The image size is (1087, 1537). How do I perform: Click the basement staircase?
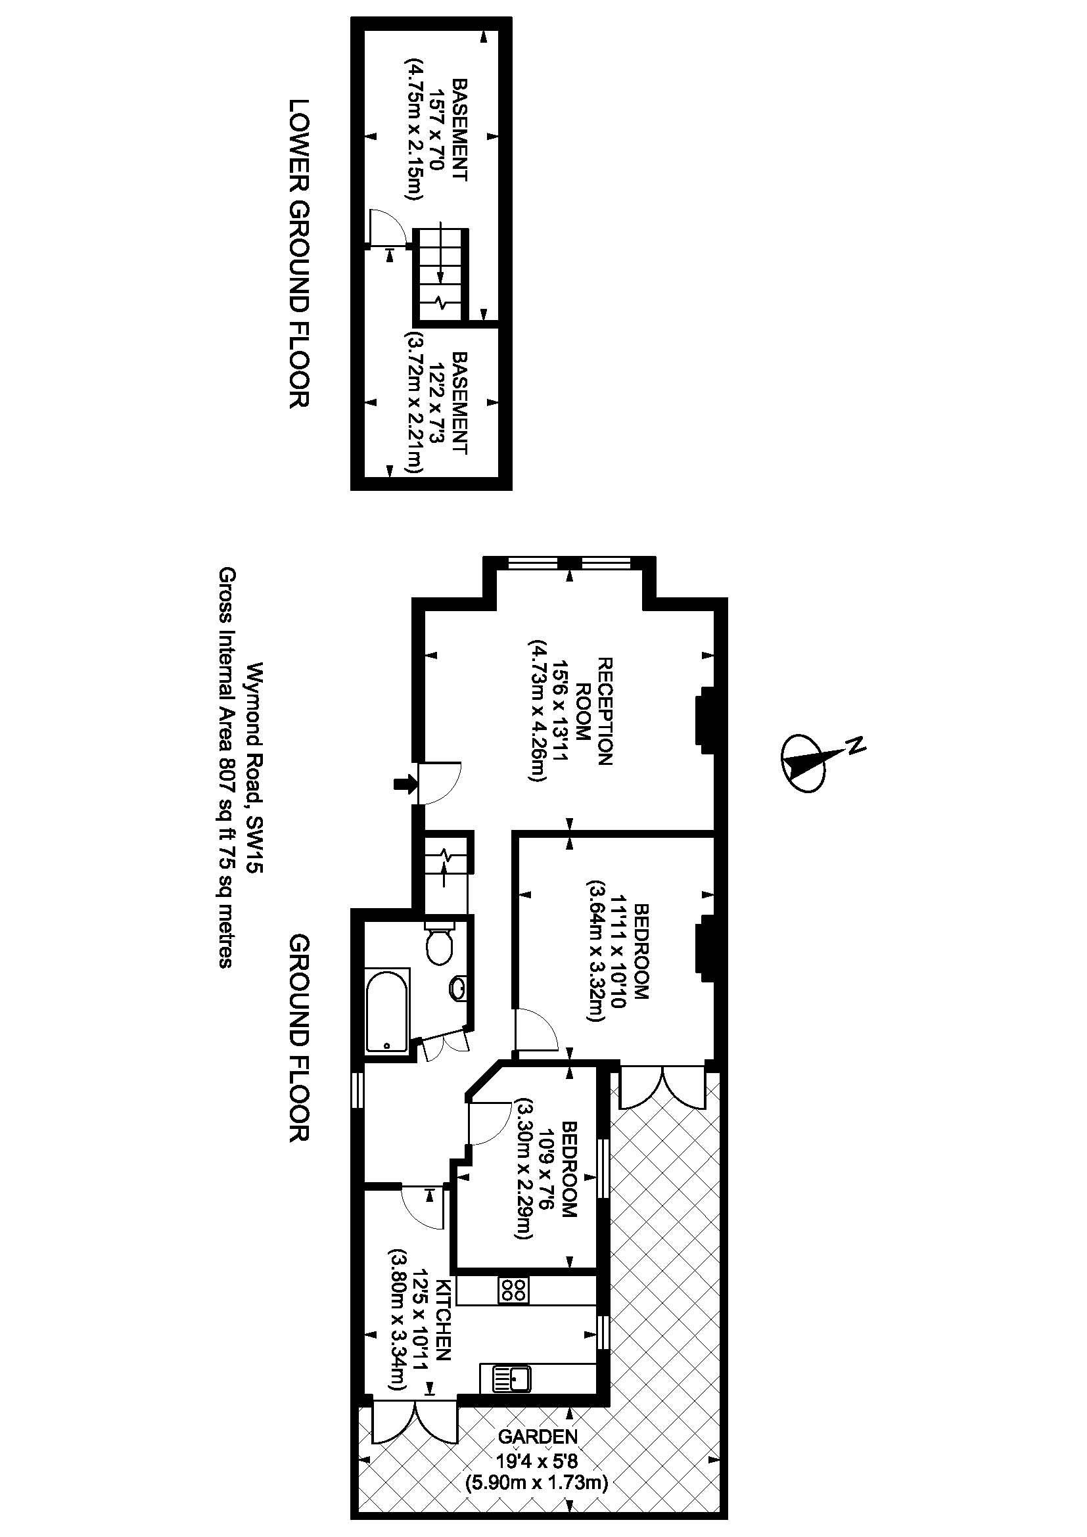[440, 275]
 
